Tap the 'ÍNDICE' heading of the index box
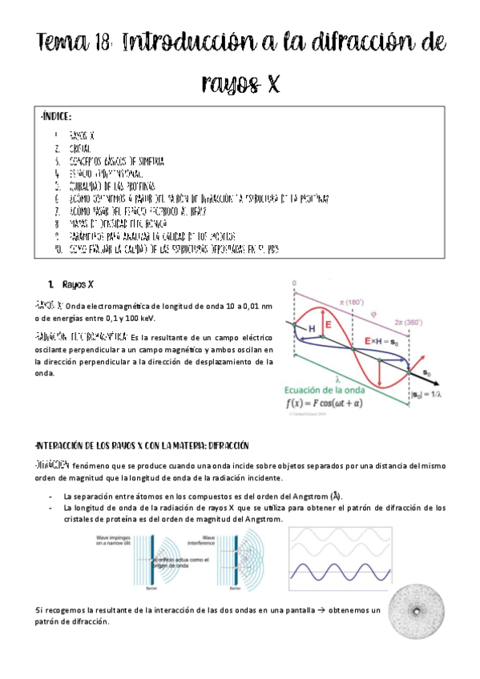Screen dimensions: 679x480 tap(57, 119)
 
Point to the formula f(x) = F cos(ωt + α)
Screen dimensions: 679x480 tap(340, 403)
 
